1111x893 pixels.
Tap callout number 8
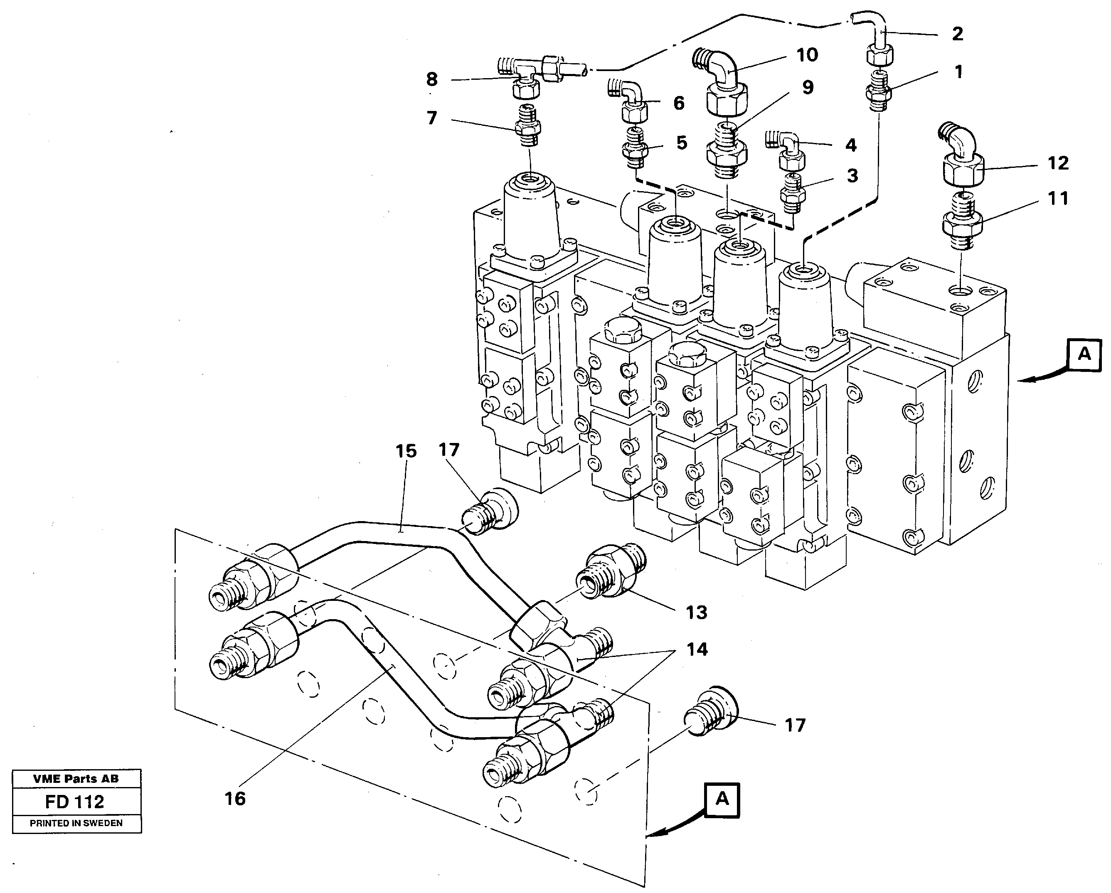pos(432,79)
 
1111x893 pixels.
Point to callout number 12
pos(1058,163)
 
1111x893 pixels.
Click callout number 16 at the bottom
pos(235,799)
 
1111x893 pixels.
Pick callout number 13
pos(696,613)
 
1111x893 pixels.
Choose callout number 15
pos(406,451)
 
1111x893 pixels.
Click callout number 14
pos(697,649)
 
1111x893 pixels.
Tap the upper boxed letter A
pos(1084,354)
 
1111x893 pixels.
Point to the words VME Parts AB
pos(76,779)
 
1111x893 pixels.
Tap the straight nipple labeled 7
pos(528,128)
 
